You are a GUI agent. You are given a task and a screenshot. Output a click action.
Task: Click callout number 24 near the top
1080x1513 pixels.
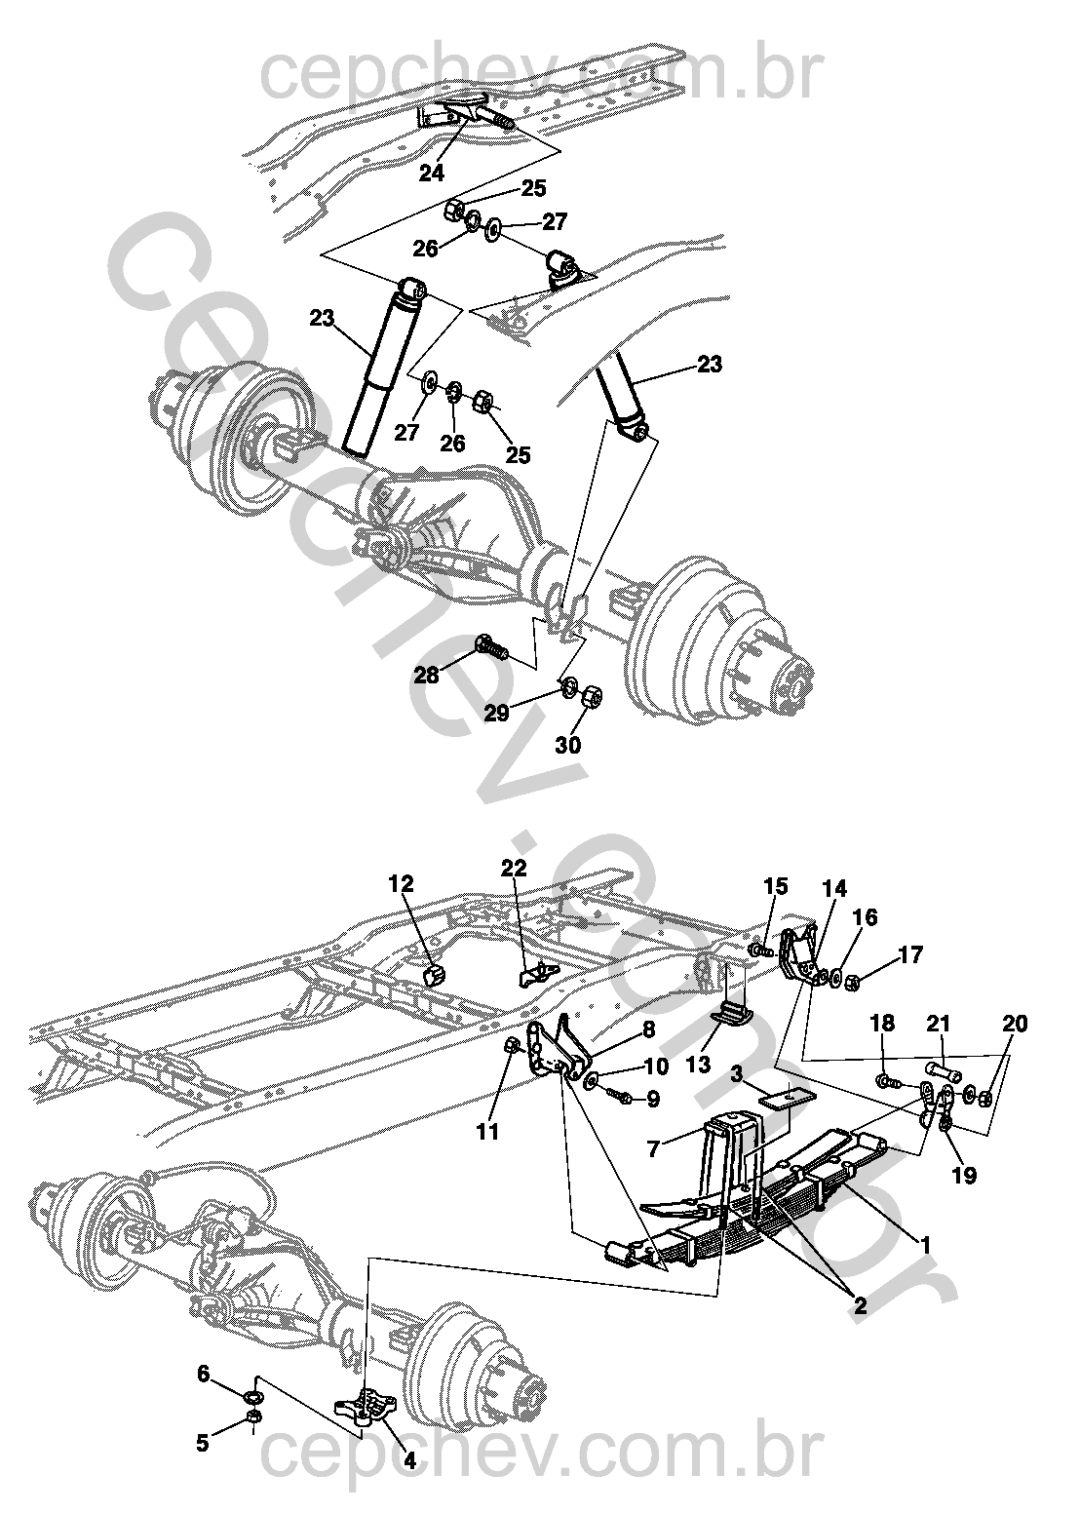(432, 174)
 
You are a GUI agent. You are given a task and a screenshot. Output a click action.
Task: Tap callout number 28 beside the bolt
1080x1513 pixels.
(426, 675)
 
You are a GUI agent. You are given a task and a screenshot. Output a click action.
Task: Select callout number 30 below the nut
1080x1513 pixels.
(568, 745)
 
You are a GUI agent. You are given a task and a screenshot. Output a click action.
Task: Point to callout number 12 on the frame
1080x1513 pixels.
(401, 883)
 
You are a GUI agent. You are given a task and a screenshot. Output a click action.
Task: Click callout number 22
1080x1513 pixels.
(514, 868)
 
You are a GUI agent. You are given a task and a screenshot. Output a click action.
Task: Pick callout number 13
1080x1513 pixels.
(698, 1066)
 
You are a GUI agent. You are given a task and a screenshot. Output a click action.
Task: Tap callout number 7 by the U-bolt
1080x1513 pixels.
(653, 1148)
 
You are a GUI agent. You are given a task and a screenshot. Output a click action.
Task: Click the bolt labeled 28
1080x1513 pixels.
(491, 647)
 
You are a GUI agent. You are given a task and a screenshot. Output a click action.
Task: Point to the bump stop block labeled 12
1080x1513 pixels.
(436, 975)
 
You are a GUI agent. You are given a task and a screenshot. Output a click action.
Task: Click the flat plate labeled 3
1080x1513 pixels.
(787, 1100)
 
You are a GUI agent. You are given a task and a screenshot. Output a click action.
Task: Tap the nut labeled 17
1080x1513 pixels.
(852, 981)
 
